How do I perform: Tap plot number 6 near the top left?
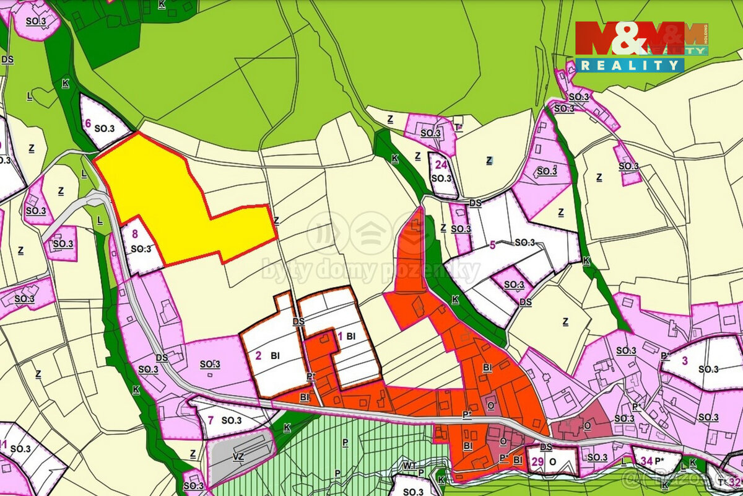[88, 123]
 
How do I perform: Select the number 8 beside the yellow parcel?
[135, 234]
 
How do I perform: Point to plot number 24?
[441, 165]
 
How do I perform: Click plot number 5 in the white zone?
[492, 244]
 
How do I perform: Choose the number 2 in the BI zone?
[258, 355]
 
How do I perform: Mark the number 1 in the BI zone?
[339, 336]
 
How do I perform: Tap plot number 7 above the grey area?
[211, 420]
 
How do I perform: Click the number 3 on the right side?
[684, 360]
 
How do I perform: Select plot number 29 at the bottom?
[536, 462]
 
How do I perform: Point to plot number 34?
[646, 461]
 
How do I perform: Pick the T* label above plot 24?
[458, 126]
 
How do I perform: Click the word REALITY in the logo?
[630, 64]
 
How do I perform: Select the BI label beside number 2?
[276, 356]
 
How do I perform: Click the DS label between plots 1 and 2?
[298, 321]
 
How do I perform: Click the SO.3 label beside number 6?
[104, 128]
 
